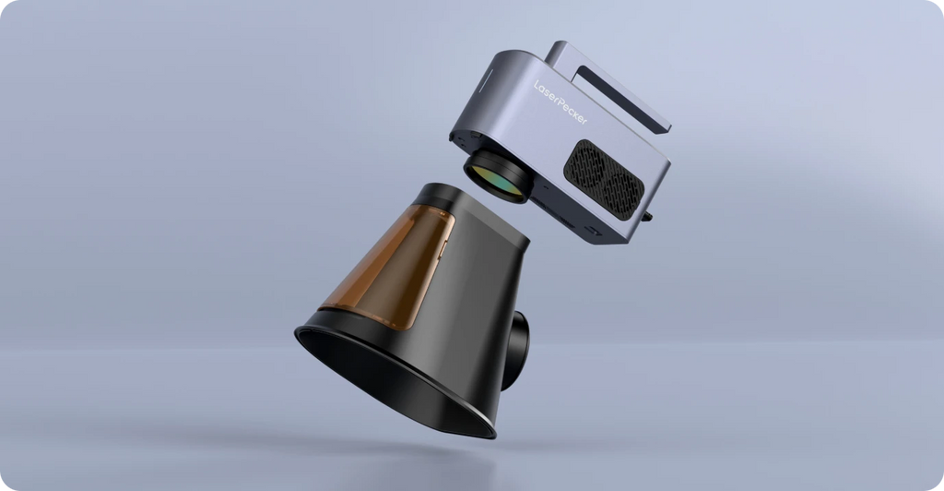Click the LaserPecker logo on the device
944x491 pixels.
pos(560,102)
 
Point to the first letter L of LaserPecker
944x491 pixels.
pos(537,85)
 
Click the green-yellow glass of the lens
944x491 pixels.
pos(494,181)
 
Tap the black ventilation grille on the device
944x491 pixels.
pos(604,180)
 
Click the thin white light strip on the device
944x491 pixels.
pos(485,80)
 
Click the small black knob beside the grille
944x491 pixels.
pos(648,216)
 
